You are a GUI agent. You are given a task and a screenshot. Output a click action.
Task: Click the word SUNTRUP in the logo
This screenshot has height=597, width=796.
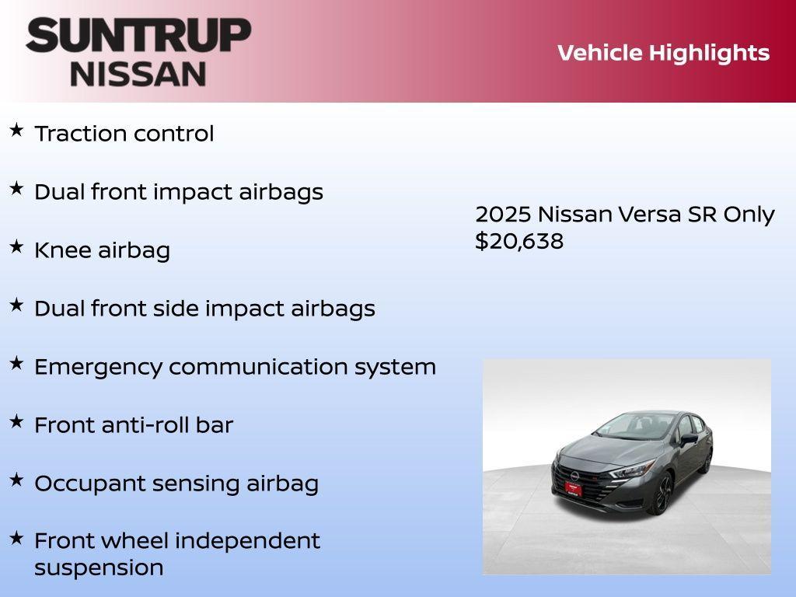click(138, 36)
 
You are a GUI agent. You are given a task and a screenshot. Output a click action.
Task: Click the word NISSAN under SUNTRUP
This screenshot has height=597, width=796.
click(138, 74)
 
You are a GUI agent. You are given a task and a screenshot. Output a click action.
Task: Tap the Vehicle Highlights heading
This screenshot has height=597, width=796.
click(663, 53)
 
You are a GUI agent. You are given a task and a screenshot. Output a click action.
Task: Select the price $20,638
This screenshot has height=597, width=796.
click(519, 241)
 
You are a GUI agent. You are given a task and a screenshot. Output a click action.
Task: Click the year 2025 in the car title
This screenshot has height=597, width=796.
click(503, 215)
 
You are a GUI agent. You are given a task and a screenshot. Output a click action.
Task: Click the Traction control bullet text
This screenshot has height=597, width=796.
click(124, 134)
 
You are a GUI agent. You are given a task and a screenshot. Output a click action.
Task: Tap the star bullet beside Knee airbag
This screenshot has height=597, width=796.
click(16, 247)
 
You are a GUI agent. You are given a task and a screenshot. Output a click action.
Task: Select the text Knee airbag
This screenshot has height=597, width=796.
click(102, 250)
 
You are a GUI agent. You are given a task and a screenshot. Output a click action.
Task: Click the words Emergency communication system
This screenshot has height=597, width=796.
click(235, 367)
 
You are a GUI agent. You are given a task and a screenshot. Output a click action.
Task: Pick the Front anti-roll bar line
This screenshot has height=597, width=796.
click(133, 425)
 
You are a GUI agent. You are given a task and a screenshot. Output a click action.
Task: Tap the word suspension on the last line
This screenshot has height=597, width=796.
click(99, 567)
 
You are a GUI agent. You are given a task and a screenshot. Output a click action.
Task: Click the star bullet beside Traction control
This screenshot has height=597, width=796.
click(16, 131)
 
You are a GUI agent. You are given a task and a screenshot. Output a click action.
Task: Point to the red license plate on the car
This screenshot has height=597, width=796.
click(573, 488)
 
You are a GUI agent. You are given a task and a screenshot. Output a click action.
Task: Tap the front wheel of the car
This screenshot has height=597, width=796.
click(662, 495)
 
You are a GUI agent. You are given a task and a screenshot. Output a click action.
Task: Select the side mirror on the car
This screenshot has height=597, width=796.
click(689, 439)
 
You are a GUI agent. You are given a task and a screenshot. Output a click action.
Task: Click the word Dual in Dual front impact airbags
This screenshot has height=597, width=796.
click(59, 192)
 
